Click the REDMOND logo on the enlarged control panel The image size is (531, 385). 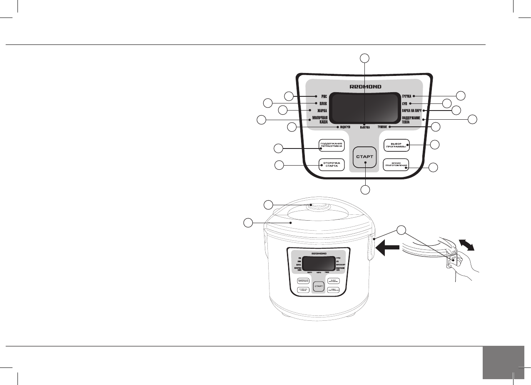pyautogui.click(x=364, y=87)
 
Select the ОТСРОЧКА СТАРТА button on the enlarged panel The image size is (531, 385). pyautogui.click(x=332, y=165)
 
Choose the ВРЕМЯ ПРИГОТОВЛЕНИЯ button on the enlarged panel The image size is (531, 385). pyautogui.click(x=396, y=165)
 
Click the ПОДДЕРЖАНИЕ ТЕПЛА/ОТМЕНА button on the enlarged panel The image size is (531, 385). pyautogui.click(x=332, y=145)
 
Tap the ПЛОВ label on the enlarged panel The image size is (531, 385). pyautogui.click(x=322, y=103)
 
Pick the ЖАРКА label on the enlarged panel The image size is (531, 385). pyautogui.click(x=321, y=111)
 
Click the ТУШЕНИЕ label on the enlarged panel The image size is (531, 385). pyautogui.click(x=383, y=126)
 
